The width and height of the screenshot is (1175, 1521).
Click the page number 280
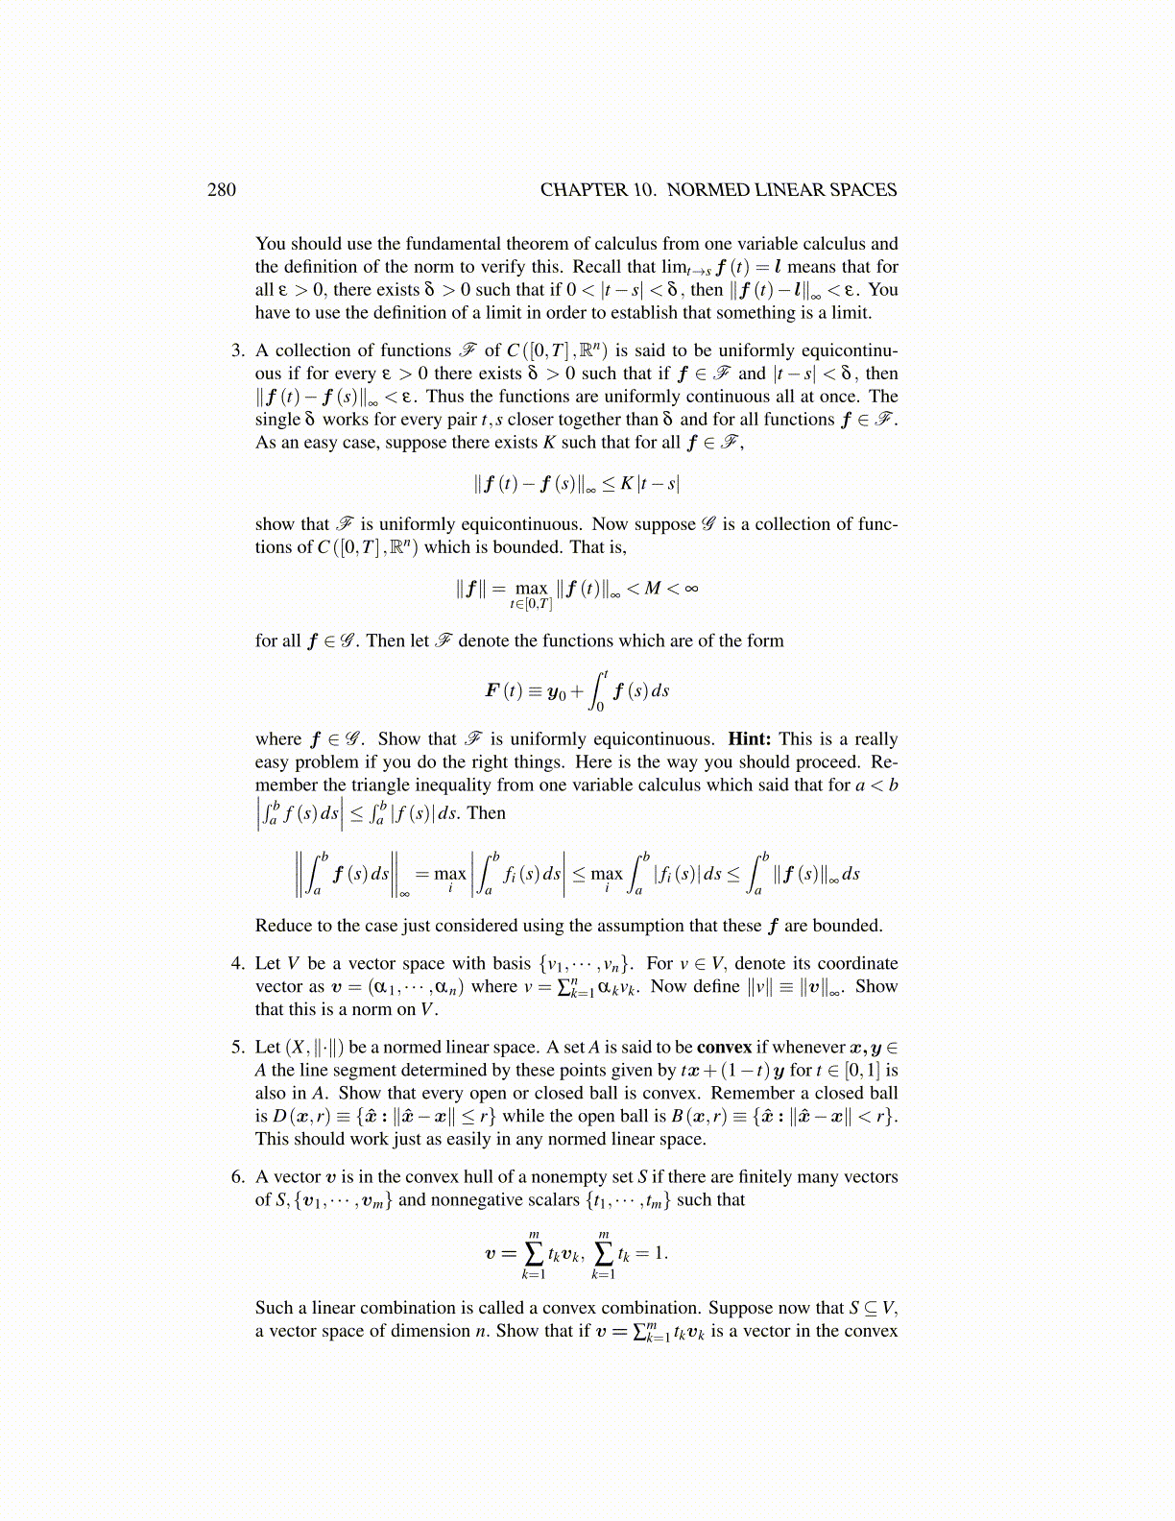point(221,190)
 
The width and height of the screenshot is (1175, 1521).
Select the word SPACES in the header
point(861,190)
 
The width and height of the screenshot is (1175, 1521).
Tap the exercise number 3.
point(237,350)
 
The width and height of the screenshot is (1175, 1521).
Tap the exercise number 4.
point(237,963)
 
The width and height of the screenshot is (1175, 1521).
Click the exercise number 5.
point(237,1047)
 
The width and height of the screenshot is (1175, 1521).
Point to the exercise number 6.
point(237,1176)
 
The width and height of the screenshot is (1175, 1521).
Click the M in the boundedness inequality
point(653,588)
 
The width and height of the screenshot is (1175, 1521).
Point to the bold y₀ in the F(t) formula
point(556,691)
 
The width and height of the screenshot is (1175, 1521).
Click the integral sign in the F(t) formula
point(598,690)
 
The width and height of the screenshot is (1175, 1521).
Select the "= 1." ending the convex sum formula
point(653,1253)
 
